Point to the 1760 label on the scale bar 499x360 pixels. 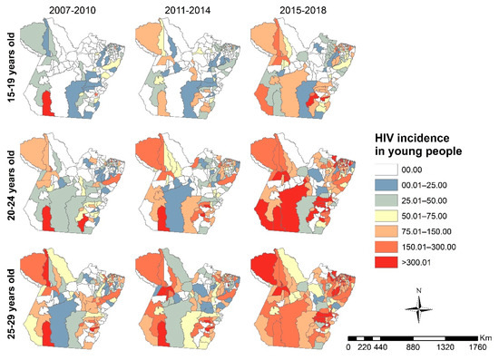point(480,346)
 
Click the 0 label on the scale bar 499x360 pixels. point(349,346)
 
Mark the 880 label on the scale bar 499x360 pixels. point(414,346)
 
